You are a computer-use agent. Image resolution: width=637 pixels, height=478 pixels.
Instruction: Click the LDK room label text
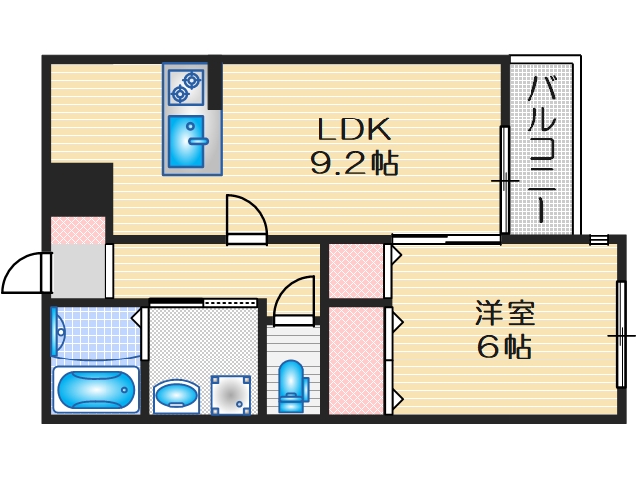[x=355, y=128]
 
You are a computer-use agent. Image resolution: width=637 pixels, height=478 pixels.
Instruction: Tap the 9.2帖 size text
[x=355, y=162]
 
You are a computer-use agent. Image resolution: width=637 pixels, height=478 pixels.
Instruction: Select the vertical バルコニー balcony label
[x=541, y=149]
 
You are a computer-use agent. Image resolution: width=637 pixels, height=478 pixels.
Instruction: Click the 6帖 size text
[x=502, y=348]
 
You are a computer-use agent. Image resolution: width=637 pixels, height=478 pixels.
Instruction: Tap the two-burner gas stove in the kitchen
[x=186, y=87]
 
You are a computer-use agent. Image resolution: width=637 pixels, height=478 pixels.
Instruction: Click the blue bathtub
[x=95, y=390]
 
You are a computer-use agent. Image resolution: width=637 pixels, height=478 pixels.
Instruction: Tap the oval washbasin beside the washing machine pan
[x=176, y=395]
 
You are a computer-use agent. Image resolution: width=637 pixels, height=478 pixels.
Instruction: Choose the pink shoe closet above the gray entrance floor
[x=78, y=228]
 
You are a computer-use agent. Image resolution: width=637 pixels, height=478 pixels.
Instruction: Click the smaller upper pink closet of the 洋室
[x=356, y=269]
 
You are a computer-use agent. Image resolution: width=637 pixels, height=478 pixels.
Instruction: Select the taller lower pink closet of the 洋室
[x=356, y=359]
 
